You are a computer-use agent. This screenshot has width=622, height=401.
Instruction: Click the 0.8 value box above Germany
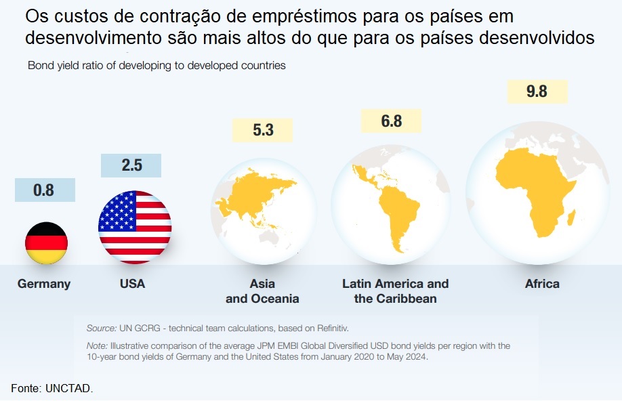coord(44,190)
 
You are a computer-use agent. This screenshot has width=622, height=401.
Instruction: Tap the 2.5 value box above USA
coord(131,166)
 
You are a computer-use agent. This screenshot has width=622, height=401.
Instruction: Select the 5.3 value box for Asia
coord(263,130)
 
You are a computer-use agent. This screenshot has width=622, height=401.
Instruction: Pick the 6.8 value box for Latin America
coord(391,121)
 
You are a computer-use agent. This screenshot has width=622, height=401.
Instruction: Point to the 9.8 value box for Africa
coord(537,91)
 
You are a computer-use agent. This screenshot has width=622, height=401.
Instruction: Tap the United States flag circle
coord(135,227)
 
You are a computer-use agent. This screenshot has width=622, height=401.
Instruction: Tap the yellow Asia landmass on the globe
coord(261,193)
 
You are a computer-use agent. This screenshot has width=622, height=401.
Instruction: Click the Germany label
coord(44,284)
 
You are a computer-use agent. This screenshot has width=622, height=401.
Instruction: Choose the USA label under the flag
coord(132,284)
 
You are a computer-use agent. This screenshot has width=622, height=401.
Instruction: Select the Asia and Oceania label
coord(262,291)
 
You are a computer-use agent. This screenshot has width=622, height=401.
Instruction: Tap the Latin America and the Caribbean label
coord(395,291)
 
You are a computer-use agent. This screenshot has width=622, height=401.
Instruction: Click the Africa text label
coord(542,284)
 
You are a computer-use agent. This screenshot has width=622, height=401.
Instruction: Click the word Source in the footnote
coord(101,329)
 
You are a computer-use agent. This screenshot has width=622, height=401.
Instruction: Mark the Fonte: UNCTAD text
coord(51,388)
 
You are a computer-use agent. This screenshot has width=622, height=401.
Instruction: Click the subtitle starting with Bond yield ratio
coord(157,66)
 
